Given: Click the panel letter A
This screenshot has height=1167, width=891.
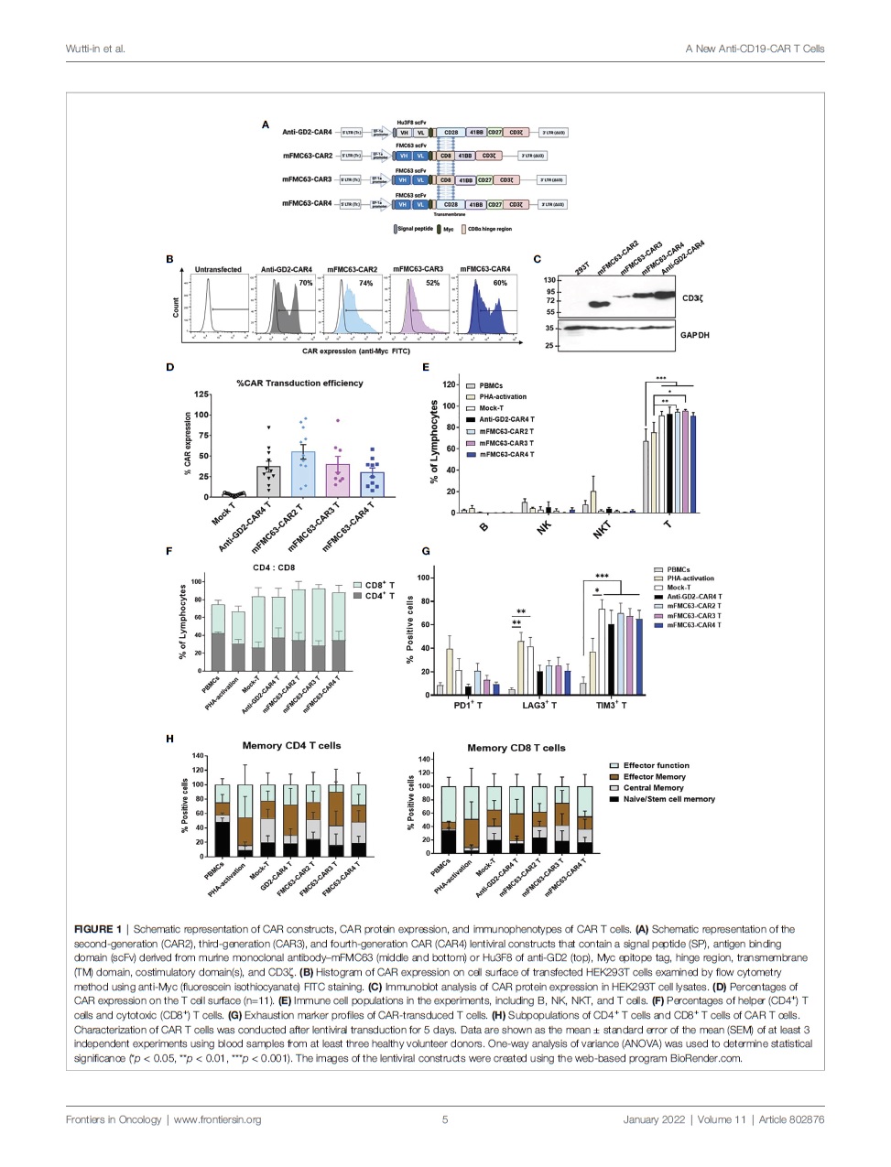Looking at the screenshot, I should click(266, 124).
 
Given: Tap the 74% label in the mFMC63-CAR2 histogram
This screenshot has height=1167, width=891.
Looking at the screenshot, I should click(365, 284).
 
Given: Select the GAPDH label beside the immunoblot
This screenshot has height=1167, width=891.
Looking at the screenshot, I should click(694, 335).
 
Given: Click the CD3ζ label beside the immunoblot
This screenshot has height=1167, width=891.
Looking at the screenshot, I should click(692, 298).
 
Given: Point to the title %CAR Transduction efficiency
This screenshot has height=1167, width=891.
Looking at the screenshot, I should click(299, 384).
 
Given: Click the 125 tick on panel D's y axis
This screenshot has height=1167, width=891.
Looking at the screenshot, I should click(201, 394).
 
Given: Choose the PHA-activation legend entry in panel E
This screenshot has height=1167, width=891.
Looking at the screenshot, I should click(503, 397).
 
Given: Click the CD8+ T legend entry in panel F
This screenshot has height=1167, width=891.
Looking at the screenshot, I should click(379, 585).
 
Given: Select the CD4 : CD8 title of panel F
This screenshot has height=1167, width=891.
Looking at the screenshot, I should click(274, 567).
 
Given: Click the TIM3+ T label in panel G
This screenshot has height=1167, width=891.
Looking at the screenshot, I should click(611, 706).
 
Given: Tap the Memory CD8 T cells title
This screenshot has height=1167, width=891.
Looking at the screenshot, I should click(516, 748).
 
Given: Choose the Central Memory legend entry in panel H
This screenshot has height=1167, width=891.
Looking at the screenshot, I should click(653, 788).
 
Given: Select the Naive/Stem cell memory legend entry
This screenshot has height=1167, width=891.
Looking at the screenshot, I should click(668, 799).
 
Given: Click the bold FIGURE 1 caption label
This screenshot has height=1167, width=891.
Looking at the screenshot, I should click(98, 929).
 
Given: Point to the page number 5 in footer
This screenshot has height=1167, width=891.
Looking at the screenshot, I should click(445, 1119).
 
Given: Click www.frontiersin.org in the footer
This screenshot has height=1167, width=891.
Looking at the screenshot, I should click(217, 1119).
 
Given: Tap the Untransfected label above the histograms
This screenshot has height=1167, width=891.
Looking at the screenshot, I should click(218, 270).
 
